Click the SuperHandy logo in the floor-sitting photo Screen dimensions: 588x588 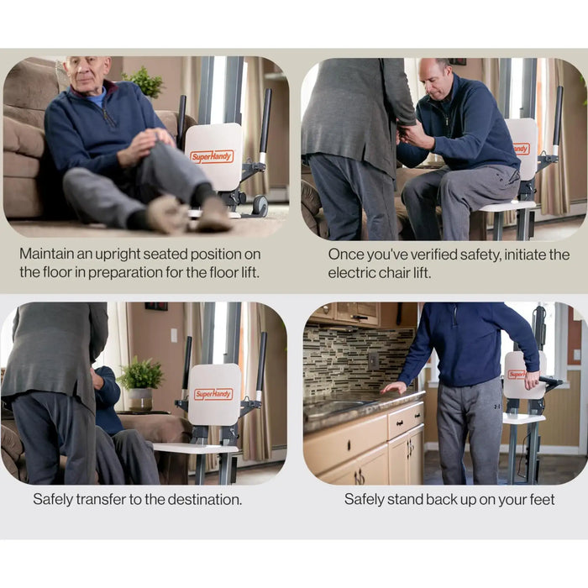tap(212, 157)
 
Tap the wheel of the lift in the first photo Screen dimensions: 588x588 tap(260, 206)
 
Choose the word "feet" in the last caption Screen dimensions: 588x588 tap(542, 500)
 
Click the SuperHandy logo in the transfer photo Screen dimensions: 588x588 tap(213, 394)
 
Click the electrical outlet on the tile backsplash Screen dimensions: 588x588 tap(373, 361)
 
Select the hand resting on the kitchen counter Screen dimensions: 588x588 tap(394, 388)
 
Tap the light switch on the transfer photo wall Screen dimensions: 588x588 tap(174, 335)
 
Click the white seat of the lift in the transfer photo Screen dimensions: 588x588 tap(196, 448)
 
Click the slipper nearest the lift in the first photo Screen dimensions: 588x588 tap(213, 214)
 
